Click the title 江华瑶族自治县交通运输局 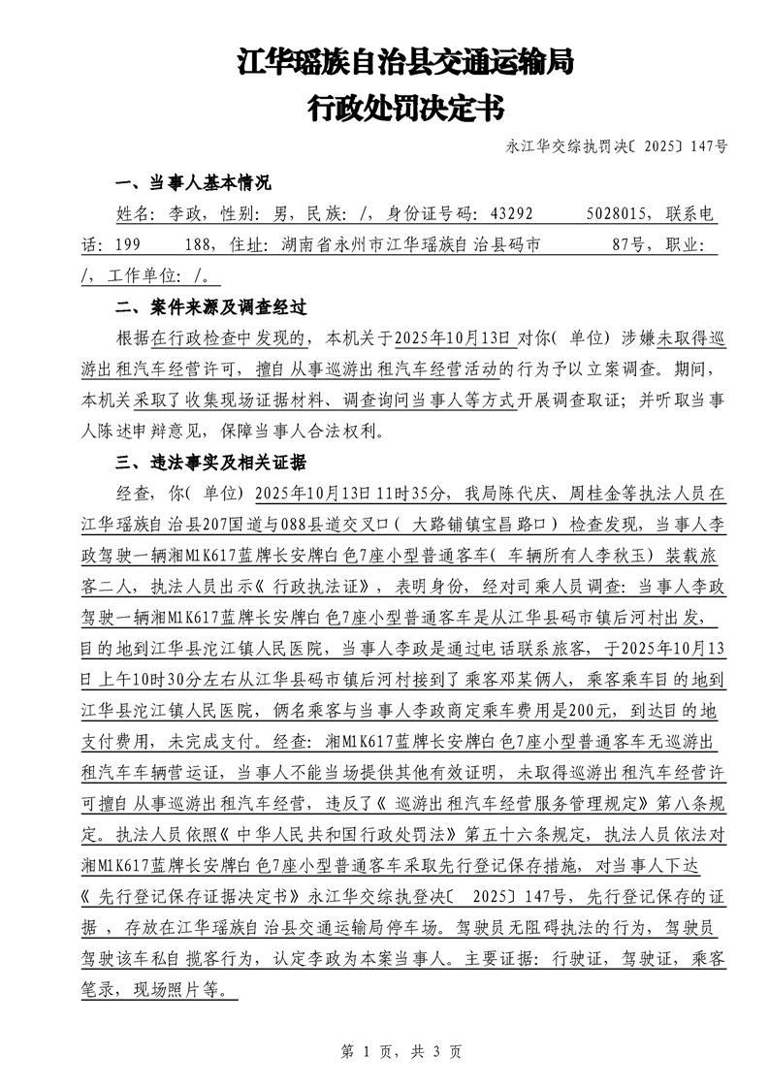point(405,64)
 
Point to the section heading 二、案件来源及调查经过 point(210,308)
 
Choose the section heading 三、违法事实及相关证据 point(210,462)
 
